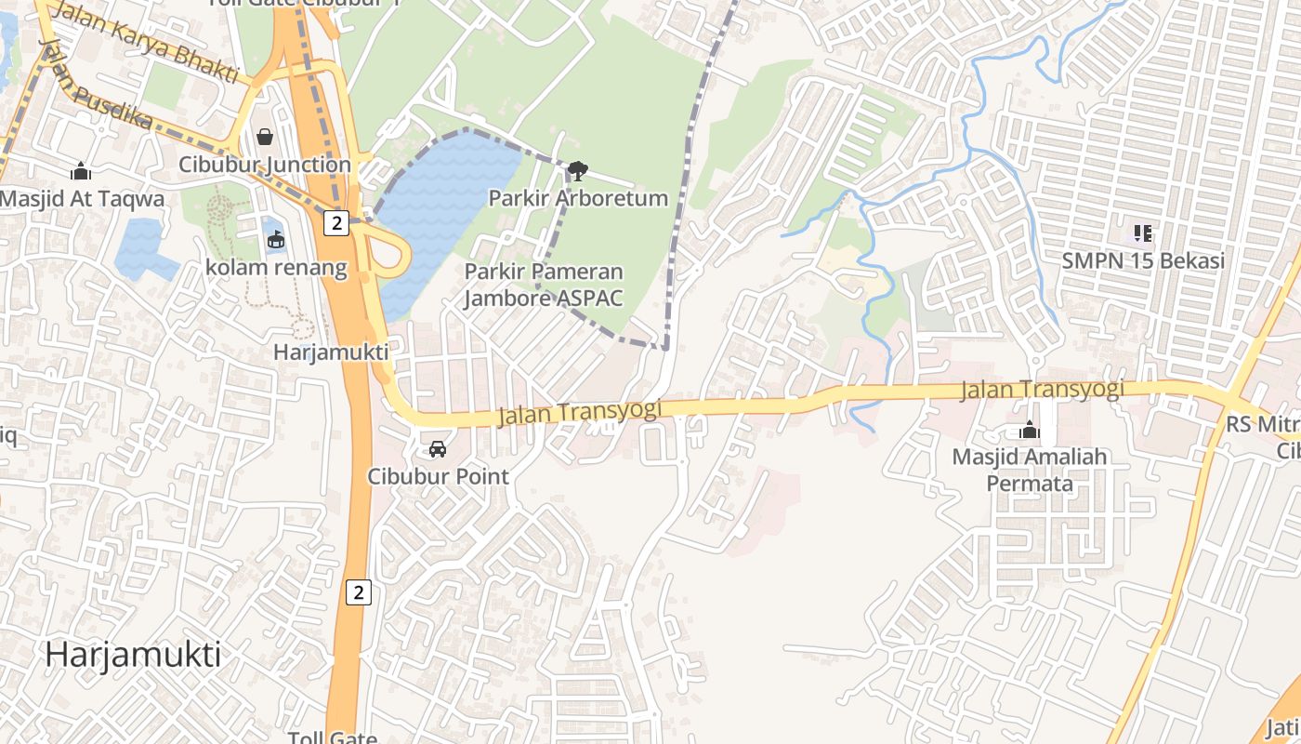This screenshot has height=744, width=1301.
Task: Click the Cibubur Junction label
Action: [265, 165]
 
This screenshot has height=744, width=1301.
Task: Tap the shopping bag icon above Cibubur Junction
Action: [265, 138]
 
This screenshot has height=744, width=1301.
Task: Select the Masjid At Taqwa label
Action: [82, 199]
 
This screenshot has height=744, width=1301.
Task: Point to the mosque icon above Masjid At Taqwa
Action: [81, 171]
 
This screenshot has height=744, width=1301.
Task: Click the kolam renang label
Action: [276, 268]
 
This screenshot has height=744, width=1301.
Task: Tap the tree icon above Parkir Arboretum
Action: [577, 170]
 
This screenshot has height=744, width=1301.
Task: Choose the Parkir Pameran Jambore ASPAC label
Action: [544, 285]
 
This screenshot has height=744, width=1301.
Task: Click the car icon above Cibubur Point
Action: [437, 449]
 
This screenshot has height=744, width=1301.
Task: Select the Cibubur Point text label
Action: [438, 476]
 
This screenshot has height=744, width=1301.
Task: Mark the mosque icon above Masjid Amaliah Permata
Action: [1029, 430]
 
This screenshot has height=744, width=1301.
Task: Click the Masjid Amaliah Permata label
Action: [1030, 470]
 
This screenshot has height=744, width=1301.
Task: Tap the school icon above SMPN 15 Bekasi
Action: [1143, 232]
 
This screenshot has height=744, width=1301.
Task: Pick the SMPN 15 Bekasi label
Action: [1143, 260]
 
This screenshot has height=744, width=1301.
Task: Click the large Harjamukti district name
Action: [133, 655]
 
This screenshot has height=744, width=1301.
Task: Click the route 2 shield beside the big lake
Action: [336, 222]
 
